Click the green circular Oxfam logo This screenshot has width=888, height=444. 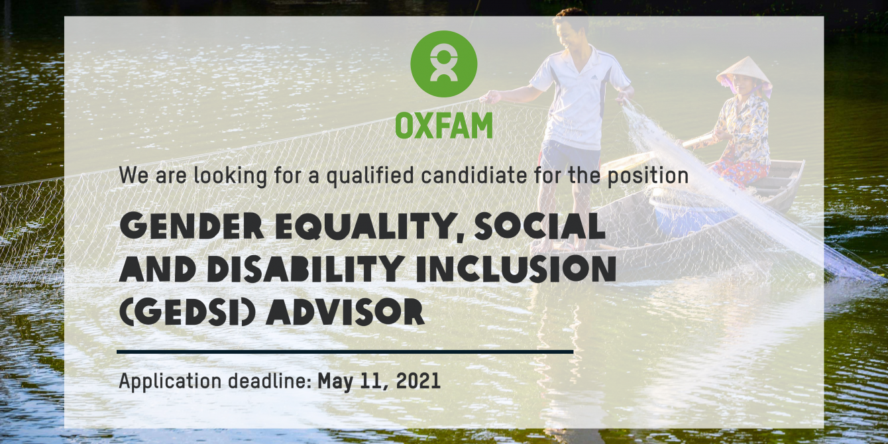[443, 64]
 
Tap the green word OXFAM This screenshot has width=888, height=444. [444, 126]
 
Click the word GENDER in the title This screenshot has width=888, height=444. [191, 225]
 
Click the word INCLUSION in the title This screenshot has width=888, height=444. [516, 269]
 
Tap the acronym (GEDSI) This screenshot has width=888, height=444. [187, 312]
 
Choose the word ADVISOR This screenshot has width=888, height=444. [345, 312]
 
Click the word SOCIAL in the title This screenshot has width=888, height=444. [539, 225]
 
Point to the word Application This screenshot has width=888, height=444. [170, 382]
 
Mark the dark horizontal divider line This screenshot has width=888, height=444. [345, 352]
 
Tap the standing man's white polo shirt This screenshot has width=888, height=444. [579, 99]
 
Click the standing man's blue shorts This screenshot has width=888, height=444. [570, 156]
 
